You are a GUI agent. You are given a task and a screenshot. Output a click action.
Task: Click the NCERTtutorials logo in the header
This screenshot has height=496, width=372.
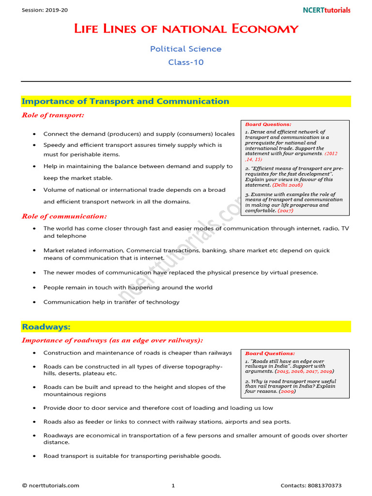(x=326, y=10)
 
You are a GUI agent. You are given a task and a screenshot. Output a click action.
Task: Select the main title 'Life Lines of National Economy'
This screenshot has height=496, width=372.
(x=186, y=29)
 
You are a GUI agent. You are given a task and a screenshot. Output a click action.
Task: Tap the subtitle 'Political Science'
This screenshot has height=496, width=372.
(x=186, y=49)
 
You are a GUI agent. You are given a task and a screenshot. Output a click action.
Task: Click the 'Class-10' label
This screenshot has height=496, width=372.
(x=186, y=62)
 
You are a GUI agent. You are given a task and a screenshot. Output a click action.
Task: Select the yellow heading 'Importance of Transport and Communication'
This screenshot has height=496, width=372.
(x=125, y=101)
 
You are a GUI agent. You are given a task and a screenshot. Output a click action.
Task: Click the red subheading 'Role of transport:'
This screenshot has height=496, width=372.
(x=53, y=115)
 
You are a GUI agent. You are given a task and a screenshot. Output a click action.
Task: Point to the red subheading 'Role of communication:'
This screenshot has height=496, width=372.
(x=64, y=216)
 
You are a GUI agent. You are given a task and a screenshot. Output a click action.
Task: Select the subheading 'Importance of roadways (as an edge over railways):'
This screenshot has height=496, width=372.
(x=112, y=341)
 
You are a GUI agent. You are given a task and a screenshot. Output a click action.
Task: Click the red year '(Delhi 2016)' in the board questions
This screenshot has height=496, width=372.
(x=287, y=185)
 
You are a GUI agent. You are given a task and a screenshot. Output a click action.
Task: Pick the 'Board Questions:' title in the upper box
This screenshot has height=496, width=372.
(x=268, y=124)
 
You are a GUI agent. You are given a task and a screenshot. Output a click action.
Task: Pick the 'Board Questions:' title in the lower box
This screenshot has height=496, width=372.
(x=270, y=354)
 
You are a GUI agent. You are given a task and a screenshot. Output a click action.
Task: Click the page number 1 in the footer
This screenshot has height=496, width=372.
(x=173, y=485)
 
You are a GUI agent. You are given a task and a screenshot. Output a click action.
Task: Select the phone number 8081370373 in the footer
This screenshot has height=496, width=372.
(x=331, y=485)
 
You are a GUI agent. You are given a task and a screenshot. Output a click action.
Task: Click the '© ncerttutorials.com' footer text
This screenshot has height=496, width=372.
(x=50, y=485)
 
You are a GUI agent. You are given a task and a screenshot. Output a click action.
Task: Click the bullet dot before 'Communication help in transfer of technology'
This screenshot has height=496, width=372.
(x=33, y=302)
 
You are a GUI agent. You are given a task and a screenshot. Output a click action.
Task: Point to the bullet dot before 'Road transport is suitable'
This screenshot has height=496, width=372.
(x=33, y=456)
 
